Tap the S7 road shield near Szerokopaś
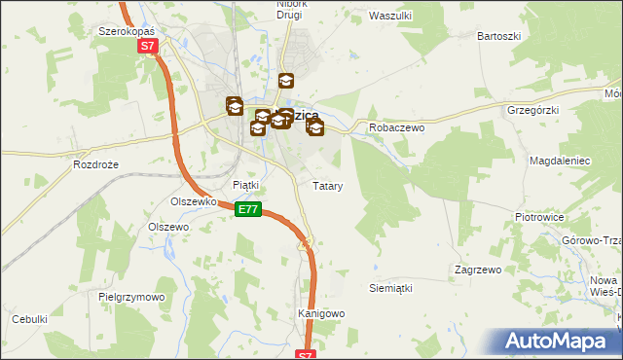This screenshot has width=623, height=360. pyautogui.click(x=146, y=46)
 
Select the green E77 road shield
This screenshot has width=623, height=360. pyautogui.click(x=248, y=209)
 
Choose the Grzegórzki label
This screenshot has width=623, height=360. pyautogui.click(x=532, y=110)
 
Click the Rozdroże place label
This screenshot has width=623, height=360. pyautogui.click(x=95, y=164)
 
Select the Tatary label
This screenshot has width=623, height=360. pyautogui.click(x=326, y=185)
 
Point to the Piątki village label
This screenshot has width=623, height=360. pyautogui.click(x=245, y=185)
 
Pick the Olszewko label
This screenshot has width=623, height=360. pyautogui.click(x=192, y=201)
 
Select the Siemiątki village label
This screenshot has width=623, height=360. pyautogui.click(x=391, y=288)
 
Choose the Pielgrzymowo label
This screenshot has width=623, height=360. pyautogui.click(x=131, y=296)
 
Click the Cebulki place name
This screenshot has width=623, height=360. pyautogui.click(x=29, y=319)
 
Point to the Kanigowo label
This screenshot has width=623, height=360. pyautogui.click(x=320, y=313)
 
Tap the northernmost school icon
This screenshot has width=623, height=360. pyautogui.click(x=286, y=82)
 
